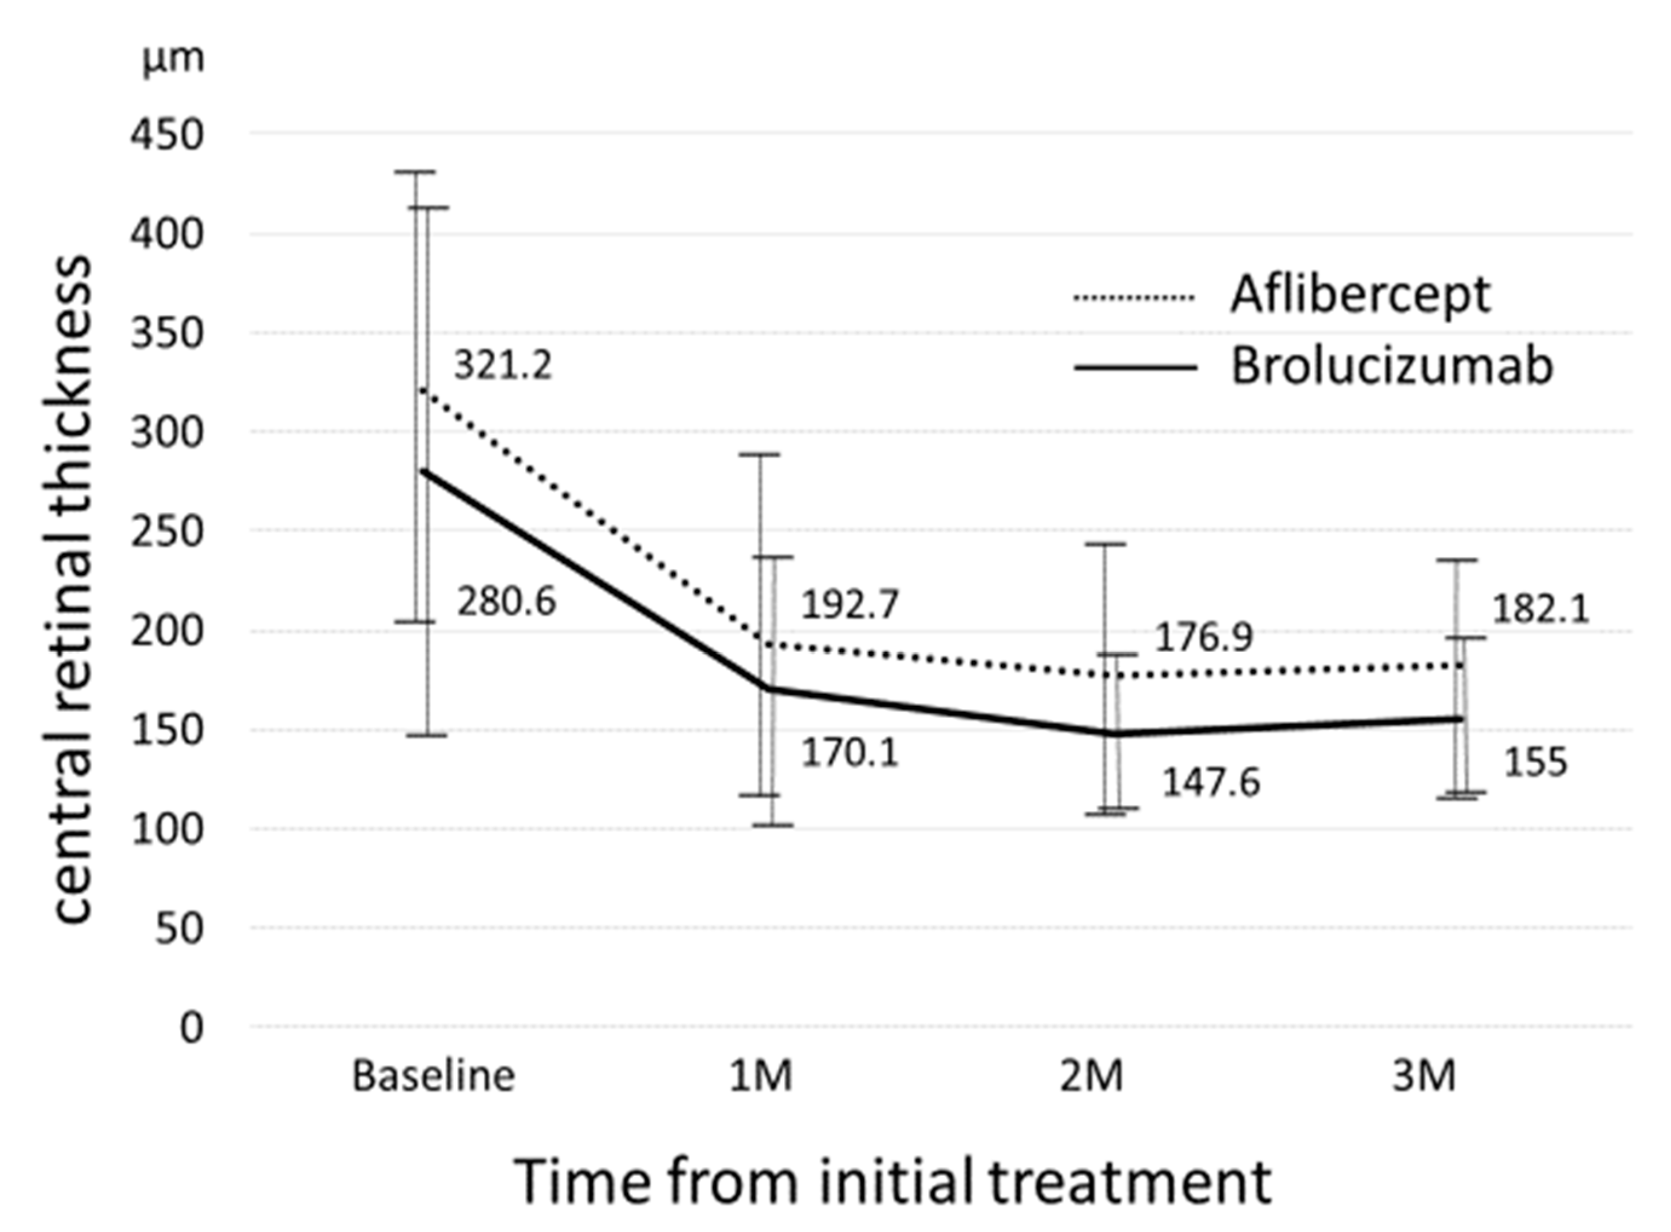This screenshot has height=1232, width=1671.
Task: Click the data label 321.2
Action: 503,365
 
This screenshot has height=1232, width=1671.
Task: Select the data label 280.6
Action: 506,602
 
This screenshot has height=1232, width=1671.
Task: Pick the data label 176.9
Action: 1204,637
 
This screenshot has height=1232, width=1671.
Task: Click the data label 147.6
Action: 1211,782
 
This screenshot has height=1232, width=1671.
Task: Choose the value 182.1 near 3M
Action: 1540,608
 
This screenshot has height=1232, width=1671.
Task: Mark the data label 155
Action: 1535,762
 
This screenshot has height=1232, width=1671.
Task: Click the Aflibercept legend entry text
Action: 1360,295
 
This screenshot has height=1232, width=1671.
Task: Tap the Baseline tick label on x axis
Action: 433,1076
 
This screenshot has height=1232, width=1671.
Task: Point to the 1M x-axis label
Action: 760,1076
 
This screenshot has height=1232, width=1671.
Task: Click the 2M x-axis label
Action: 1091,1076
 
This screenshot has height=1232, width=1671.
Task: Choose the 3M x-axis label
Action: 1424,1076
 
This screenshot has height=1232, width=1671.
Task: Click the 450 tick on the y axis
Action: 166,135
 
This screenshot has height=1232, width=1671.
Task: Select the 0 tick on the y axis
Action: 191,1028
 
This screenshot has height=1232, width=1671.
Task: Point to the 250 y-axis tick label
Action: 166,532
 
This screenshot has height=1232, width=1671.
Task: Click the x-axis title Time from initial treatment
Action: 893,1181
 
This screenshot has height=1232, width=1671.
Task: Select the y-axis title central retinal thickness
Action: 73,589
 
